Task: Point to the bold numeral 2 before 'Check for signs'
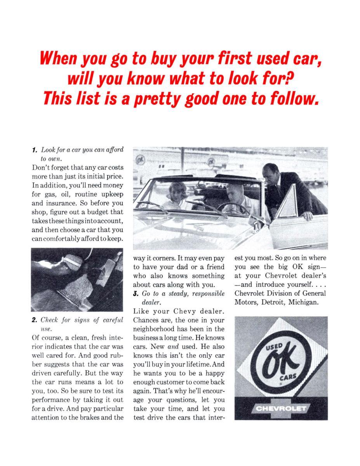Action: point(34,320)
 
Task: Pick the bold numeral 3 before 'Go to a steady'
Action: point(136,293)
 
